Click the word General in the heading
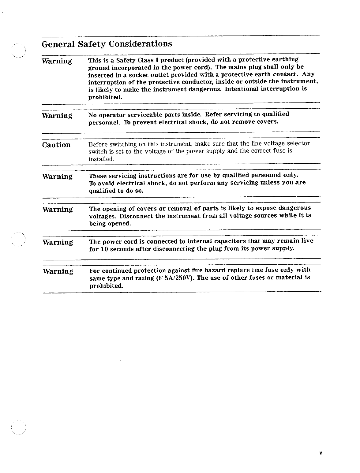(58, 44)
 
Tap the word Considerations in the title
(141, 44)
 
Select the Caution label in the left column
(56, 145)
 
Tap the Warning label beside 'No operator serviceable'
(57, 116)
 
